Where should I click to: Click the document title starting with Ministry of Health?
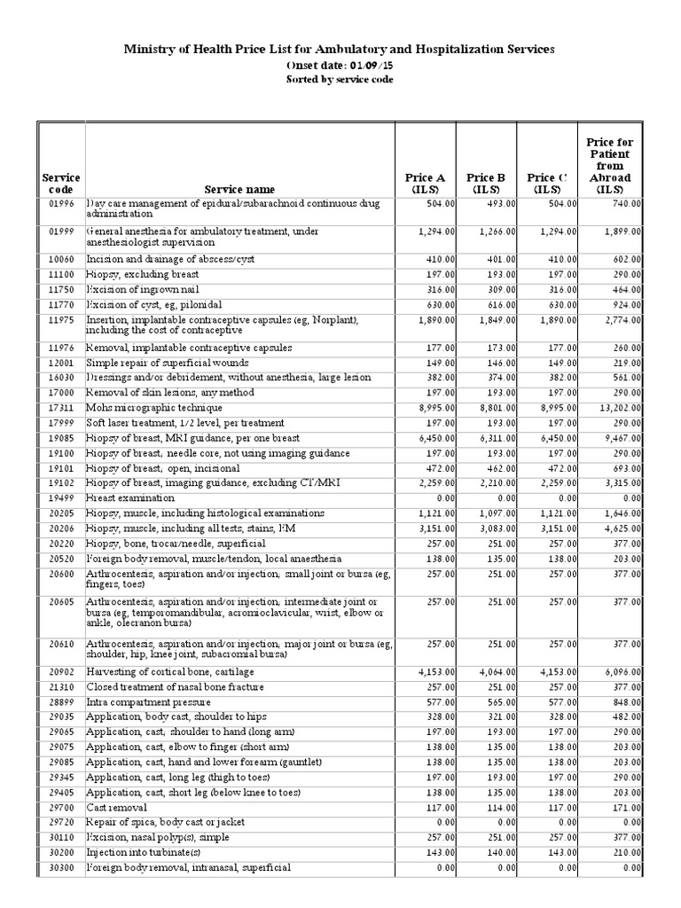tap(340, 50)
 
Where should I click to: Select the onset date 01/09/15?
tap(340, 66)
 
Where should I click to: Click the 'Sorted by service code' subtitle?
tap(340, 79)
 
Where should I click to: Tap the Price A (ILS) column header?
tap(425, 183)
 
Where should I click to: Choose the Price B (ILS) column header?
tap(486, 183)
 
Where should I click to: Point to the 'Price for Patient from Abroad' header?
tap(610, 165)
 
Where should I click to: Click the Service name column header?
tap(239, 189)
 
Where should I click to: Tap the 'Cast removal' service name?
tap(116, 808)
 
